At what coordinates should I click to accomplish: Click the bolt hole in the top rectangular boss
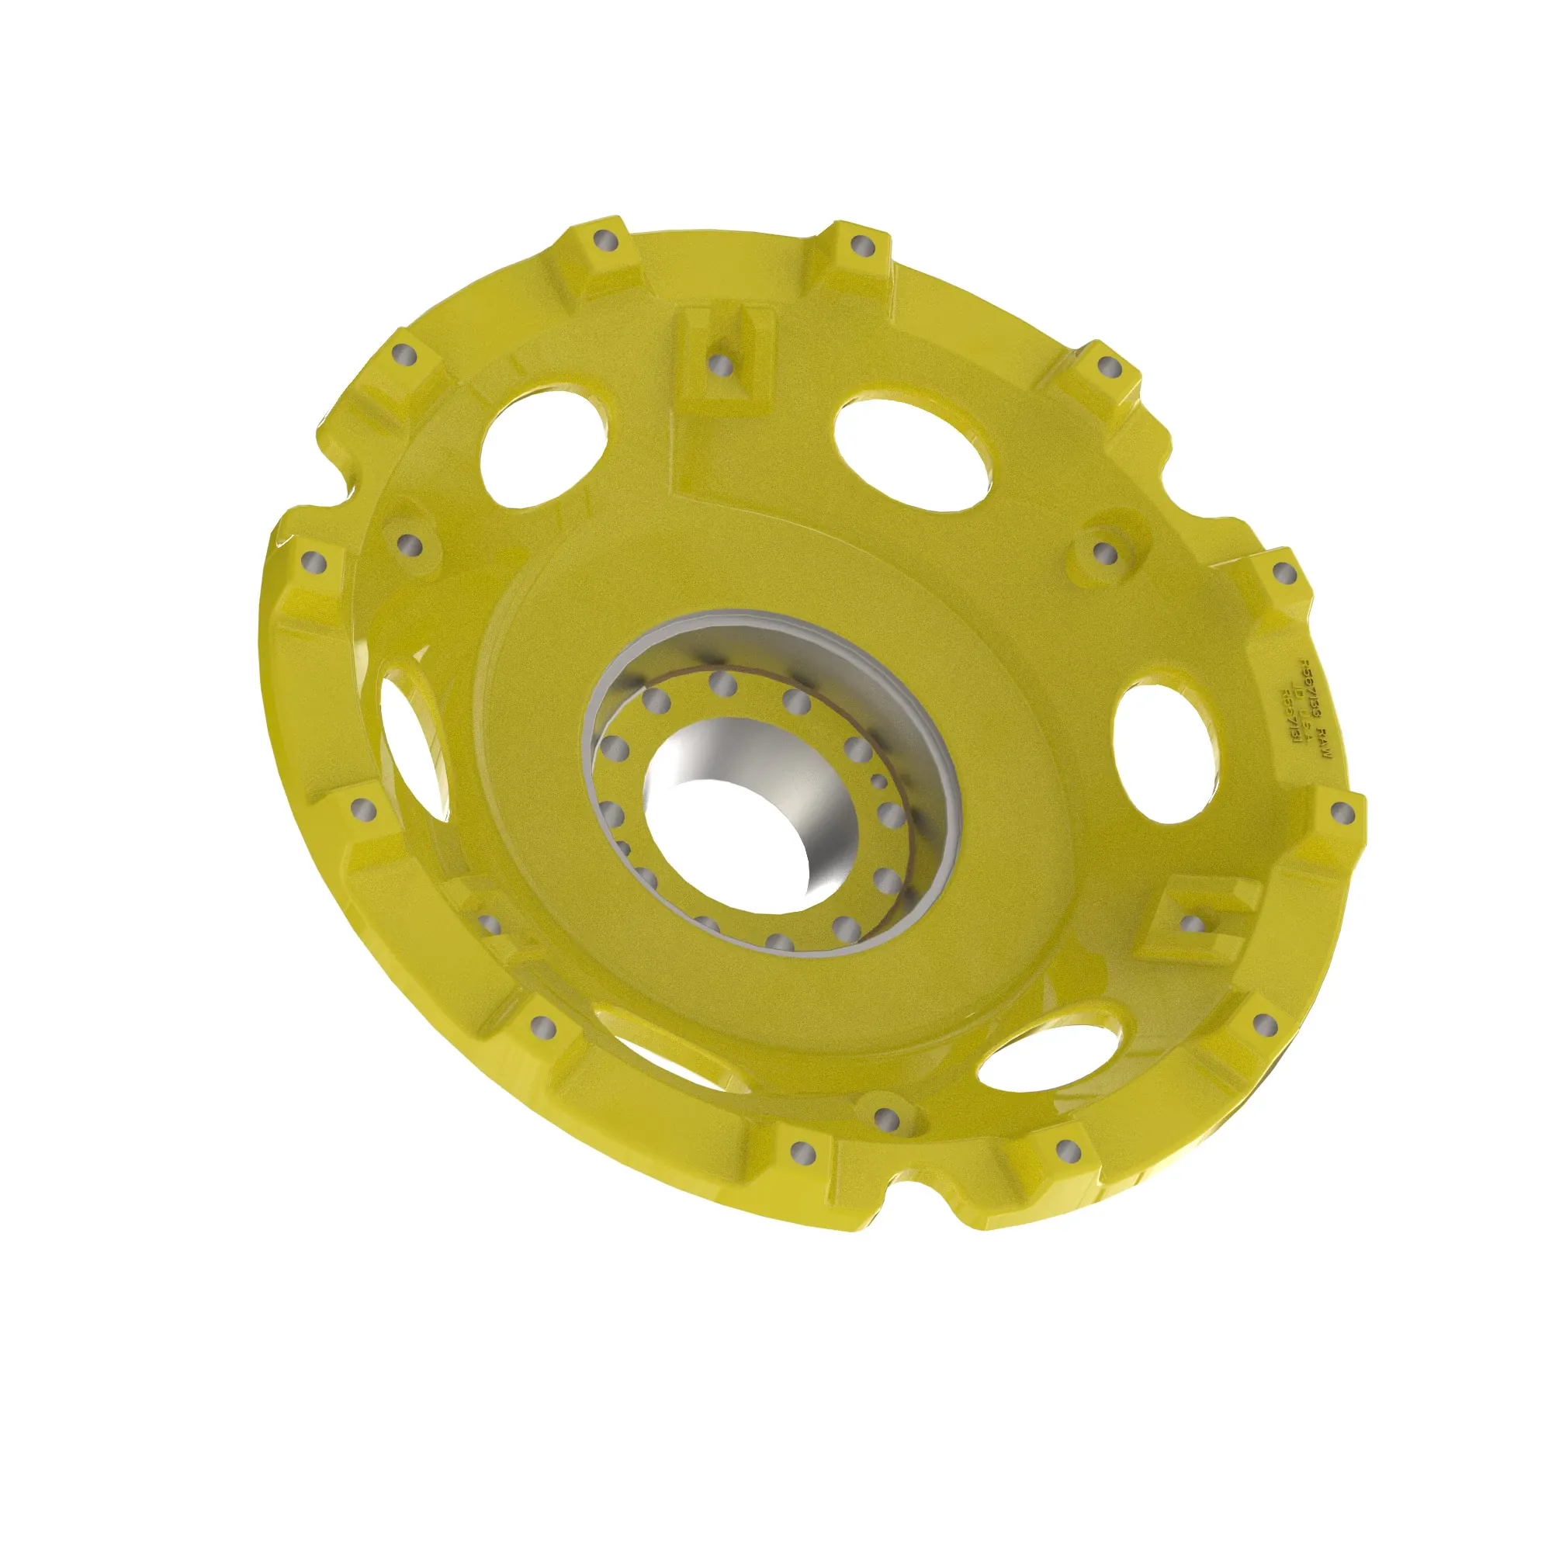coord(722,365)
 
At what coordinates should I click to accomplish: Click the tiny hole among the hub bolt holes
coord(880,781)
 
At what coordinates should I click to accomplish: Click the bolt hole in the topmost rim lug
coord(861,245)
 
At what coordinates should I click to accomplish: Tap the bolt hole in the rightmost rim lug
coord(1344,813)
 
